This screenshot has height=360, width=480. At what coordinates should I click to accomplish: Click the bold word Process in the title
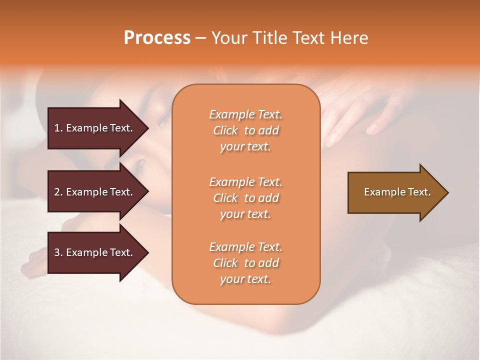coord(157,38)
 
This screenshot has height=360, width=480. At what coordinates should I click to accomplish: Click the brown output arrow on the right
coord(395,192)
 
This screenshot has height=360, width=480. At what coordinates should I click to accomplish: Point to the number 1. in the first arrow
coord(58,128)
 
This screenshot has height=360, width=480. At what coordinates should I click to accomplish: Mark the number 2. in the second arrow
coord(58,192)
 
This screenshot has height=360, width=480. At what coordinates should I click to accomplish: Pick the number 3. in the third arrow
coord(58,253)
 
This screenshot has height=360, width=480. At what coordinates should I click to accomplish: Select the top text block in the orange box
coord(245,130)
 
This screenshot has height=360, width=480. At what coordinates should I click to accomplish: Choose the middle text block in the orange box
coord(245,198)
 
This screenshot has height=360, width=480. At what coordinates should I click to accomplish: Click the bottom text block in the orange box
coord(245,263)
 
